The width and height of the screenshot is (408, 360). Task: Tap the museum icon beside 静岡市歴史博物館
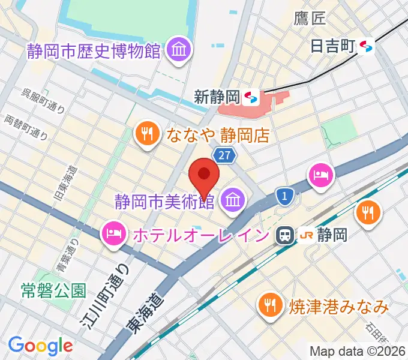tap(178, 50)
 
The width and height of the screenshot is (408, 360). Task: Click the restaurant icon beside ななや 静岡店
tap(147, 133)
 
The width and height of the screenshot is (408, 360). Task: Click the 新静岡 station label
tap(217, 96)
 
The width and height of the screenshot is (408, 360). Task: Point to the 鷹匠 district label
tap(310, 18)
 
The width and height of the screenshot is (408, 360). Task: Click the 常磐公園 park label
tap(53, 291)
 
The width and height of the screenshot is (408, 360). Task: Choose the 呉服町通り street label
tap(43, 100)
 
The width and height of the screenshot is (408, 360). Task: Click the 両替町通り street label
tap(26, 126)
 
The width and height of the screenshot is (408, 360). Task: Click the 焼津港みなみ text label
tap(338, 307)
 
